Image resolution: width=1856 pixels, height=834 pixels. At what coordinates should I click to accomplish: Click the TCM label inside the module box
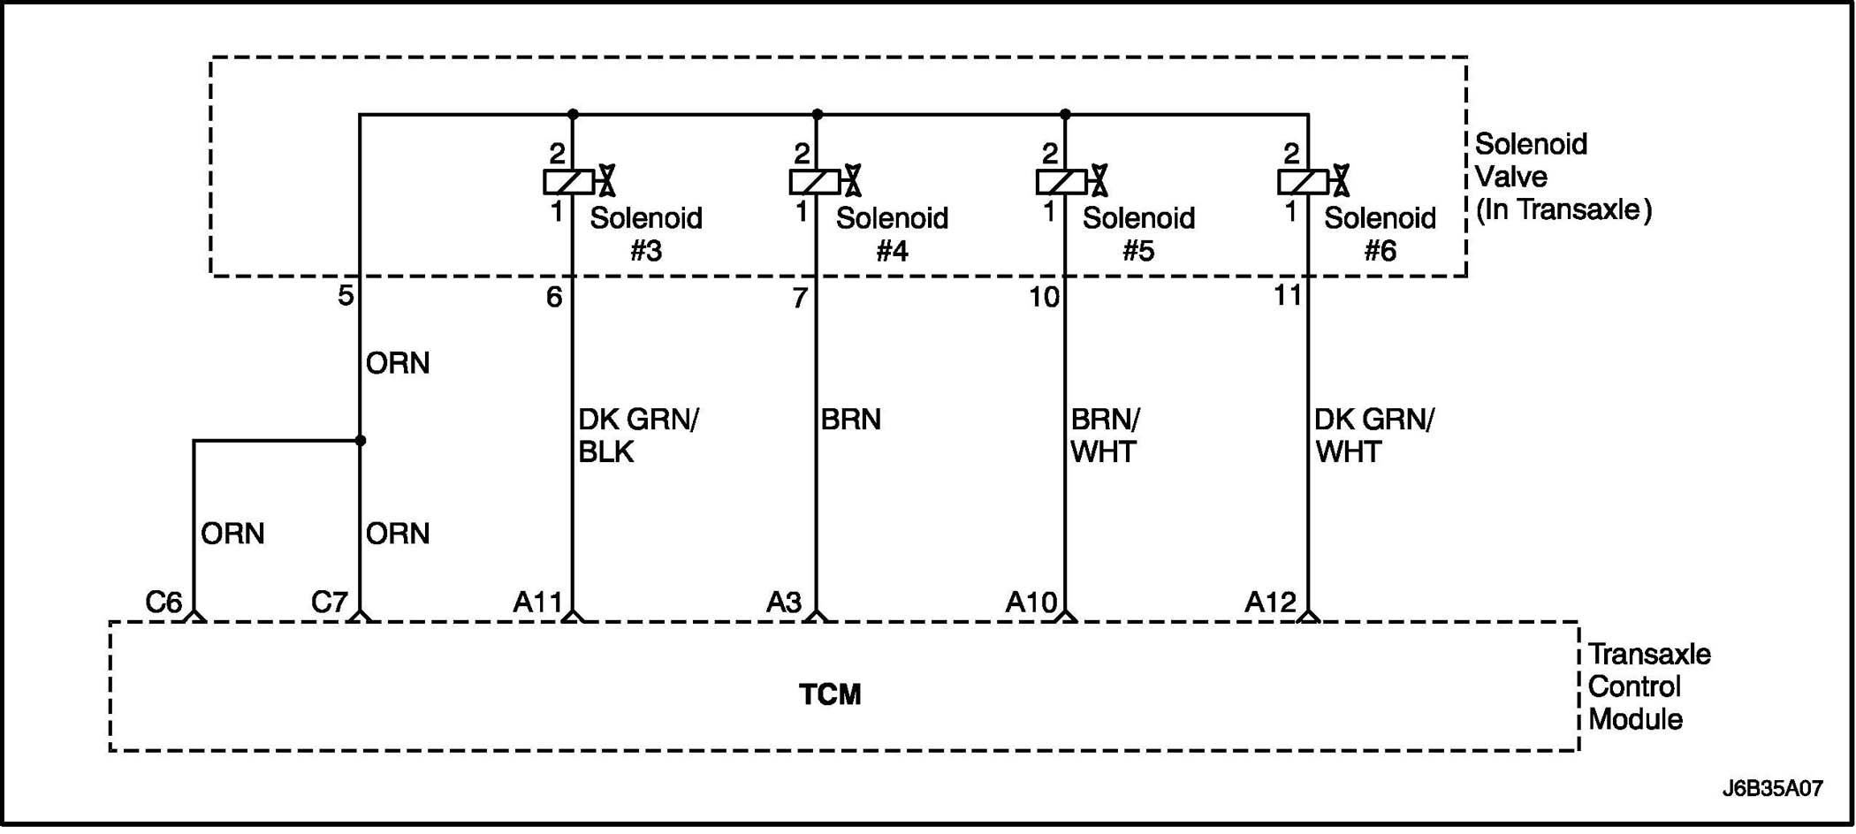[829, 694]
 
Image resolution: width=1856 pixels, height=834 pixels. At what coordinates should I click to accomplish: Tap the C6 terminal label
[164, 603]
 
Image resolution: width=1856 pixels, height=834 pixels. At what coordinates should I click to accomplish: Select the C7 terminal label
[329, 603]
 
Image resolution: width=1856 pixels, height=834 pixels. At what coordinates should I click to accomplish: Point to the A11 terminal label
[537, 603]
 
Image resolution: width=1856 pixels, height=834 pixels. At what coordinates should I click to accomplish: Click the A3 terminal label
[783, 603]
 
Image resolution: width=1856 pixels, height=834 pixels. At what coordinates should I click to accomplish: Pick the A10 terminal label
[1031, 603]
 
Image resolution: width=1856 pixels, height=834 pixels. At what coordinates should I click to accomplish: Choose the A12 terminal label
[1270, 603]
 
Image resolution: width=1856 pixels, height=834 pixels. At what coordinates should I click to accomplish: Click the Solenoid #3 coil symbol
[568, 182]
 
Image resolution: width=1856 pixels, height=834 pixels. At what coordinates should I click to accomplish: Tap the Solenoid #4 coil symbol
[814, 182]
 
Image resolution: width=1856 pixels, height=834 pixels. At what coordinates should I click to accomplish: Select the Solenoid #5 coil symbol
[1061, 182]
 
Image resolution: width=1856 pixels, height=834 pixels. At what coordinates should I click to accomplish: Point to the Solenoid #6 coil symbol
[1303, 182]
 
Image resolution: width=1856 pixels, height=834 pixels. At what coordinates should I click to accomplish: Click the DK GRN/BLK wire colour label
[637, 436]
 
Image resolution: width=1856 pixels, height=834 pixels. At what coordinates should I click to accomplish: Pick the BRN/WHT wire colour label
[1105, 436]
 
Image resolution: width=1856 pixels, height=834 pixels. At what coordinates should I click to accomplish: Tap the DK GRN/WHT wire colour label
[1373, 436]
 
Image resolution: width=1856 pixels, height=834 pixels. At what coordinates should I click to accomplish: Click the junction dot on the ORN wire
[361, 440]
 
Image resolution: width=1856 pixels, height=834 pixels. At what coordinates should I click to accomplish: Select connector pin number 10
[1044, 298]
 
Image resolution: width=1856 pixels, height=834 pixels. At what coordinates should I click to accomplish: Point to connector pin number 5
[346, 296]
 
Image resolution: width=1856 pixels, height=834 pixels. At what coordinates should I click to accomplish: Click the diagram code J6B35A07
[1772, 789]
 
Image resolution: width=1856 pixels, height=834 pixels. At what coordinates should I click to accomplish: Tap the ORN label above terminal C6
[232, 534]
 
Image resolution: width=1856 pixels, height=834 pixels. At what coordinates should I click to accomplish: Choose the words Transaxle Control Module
[1648, 686]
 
